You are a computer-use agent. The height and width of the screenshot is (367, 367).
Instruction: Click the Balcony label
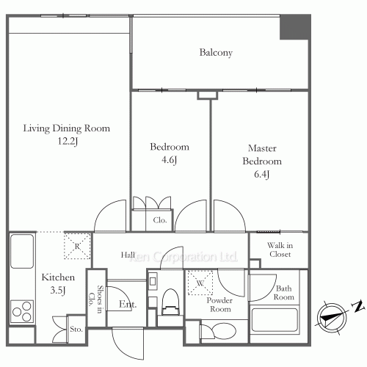click(x=216, y=53)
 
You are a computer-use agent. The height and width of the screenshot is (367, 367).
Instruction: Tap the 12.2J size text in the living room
click(x=68, y=141)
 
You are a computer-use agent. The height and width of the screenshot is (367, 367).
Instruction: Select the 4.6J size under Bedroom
click(x=169, y=160)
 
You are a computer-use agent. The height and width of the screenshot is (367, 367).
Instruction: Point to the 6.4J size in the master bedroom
click(x=262, y=174)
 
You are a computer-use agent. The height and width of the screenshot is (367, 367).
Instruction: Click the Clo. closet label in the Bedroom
click(x=160, y=220)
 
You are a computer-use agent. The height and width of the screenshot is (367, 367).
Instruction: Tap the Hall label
click(x=128, y=255)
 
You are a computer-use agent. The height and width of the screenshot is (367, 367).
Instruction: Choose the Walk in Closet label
click(x=280, y=250)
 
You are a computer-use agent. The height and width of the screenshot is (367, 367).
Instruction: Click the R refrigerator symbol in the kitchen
click(x=77, y=246)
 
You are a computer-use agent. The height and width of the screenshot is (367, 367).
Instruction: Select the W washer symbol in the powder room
click(x=200, y=283)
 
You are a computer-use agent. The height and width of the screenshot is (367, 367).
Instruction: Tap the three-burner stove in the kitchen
click(x=22, y=311)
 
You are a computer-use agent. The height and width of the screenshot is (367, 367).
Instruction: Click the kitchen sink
click(x=22, y=251)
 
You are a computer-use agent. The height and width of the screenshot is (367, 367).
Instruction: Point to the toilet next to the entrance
click(x=170, y=302)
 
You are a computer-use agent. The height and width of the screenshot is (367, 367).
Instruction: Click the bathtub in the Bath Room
click(x=275, y=320)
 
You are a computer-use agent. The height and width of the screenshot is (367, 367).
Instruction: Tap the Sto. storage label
click(x=76, y=329)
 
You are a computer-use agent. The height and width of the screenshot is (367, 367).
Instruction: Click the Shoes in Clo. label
click(x=96, y=299)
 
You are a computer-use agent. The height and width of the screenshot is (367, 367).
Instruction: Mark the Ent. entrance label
click(x=128, y=305)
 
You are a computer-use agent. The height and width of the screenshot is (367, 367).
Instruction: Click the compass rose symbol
click(x=332, y=318)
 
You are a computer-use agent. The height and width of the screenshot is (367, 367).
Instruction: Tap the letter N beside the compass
click(x=357, y=306)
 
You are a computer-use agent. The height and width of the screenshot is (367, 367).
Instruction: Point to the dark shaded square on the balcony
click(x=294, y=27)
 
